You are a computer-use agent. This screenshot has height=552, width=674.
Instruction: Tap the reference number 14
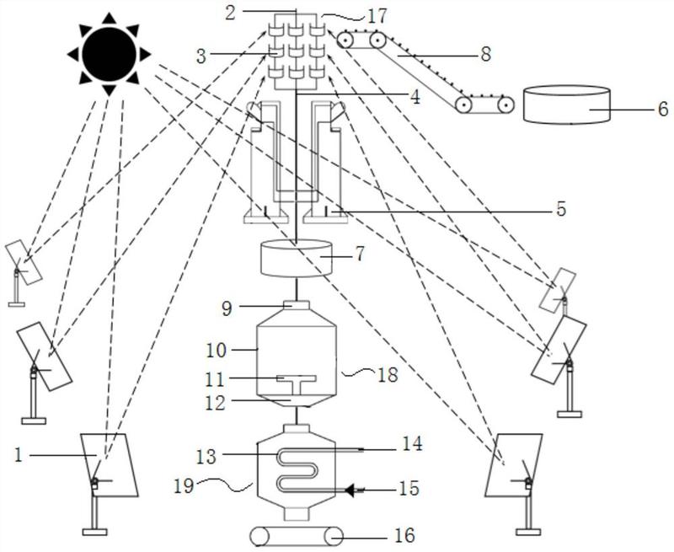pos(413,442)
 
